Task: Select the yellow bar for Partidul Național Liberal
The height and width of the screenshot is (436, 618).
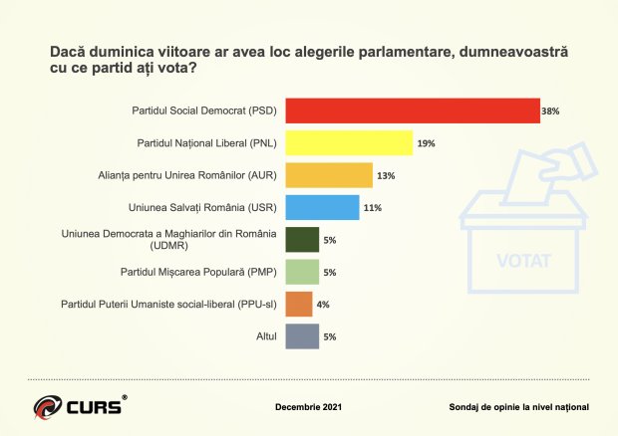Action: coord(349,143)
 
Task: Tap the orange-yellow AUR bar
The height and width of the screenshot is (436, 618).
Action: coord(329,175)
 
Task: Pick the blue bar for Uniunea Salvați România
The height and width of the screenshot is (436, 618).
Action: coord(322,207)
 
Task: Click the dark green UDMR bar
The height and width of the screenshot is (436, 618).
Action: coord(302,239)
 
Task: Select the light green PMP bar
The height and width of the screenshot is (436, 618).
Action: coord(302,271)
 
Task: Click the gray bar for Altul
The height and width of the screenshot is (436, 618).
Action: coord(302,335)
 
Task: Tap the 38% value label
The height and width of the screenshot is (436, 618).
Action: coord(549,111)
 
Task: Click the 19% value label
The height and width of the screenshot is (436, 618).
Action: coord(425,143)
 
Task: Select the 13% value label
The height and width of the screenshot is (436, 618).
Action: coord(386,175)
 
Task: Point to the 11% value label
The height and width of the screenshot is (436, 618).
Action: coord(372,207)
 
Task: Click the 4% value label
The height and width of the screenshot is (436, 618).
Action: coord(324,303)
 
